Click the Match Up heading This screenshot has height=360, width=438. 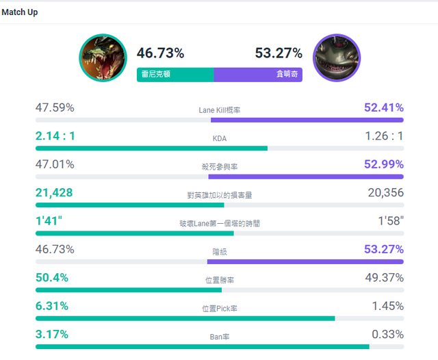(x=19, y=12)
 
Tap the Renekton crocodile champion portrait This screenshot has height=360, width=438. (x=103, y=58)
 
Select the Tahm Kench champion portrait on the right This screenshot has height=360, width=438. (x=336, y=58)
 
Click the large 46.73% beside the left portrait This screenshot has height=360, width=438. (x=160, y=53)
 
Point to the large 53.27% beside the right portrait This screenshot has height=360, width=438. (x=279, y=53)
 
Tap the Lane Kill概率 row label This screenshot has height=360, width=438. (x=220, y=110)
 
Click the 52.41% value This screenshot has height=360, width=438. (x=384, y=107)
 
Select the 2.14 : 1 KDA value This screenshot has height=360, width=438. (x=55, y=136)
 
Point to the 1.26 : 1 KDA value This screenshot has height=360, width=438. (x=384, y=136)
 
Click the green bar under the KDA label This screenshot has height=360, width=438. (x=151, y=148)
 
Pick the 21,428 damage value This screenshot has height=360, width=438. (x=54, y=193)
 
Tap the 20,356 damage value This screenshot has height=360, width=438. (x=385, y=193)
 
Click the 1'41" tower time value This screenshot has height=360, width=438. (x=48, y=221)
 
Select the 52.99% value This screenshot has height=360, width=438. (x=384, y=164)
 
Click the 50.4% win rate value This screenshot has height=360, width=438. (x=52, y=278)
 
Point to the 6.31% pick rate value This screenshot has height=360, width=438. (x=52, y=306)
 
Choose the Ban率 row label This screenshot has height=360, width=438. (x=219, y=337)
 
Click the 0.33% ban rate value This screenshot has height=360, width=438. (x=387, y=335)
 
